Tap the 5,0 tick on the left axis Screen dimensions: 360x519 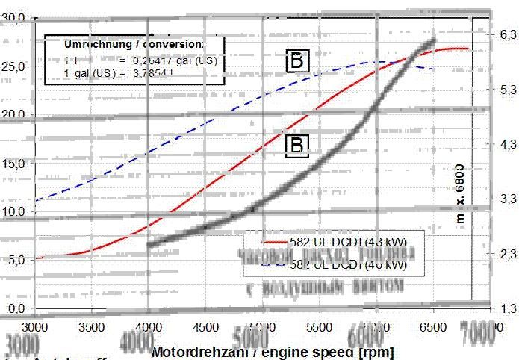pyautogui.click(x=17, y=260)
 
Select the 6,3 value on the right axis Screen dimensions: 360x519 pyautogui.click(x=507, y=34)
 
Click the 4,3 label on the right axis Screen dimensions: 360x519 pyautogui.click(x=507, y=144)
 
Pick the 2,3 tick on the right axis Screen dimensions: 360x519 pyautogui.click(x=507, y=254)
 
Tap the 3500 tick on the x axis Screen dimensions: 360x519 pyautogui.click(x=91, y=327)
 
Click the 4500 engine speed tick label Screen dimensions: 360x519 pyautogui.click(x=205, y=327)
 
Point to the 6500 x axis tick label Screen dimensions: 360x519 pyautogui.click(x=432, y=327)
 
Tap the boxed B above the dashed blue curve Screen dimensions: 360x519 pyautogui.click(x=296, y=62)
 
